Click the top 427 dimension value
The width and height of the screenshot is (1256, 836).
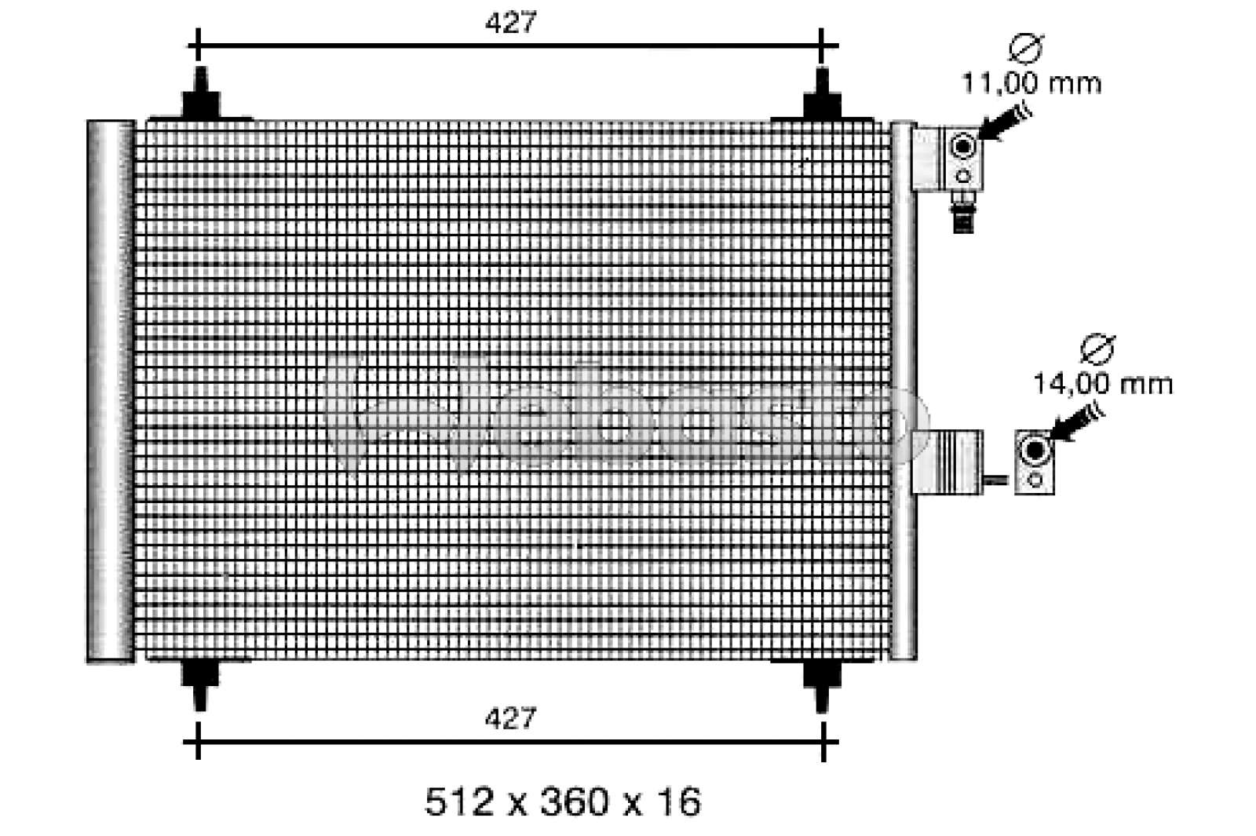[510, 24]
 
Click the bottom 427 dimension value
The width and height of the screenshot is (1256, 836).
[510, 717]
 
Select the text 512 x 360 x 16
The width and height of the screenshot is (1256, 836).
[562, 801]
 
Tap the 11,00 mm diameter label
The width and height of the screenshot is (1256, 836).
[1031, 82]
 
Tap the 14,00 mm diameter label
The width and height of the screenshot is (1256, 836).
[1102, 384]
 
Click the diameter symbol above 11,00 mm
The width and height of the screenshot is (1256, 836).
[1025, 49]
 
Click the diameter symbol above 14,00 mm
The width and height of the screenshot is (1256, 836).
[1097, 349]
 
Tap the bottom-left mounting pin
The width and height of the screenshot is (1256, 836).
[201, 682]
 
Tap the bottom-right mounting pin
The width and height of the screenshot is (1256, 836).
[822, 682]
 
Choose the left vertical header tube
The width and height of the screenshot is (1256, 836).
[109, 391]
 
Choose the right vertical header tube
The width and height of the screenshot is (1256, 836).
[903, 391]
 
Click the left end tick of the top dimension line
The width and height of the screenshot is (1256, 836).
[197, 46]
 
